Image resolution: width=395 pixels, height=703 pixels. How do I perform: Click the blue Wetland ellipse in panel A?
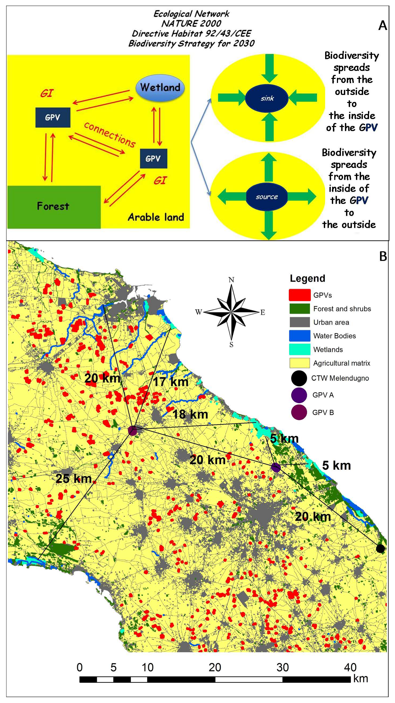(x=160, y=87)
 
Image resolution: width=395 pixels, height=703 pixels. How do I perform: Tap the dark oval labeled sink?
(x=267, y=98)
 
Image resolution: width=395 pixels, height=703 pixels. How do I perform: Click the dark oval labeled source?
(x=267, y=197)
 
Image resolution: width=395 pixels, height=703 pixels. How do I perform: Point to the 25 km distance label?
(x=73, y=478)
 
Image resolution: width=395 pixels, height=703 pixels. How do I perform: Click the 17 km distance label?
(x=171, y=381)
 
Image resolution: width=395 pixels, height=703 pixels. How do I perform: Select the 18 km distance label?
(x=190, y=414)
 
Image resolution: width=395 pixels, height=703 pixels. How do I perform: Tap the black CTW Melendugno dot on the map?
(x=380, y=548)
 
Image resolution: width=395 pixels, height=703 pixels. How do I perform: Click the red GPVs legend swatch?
(x=299, y=295)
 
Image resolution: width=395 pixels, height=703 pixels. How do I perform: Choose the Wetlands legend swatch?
(x=299, y=349)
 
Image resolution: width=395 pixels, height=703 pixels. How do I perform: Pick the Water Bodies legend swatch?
(x=299, y=336)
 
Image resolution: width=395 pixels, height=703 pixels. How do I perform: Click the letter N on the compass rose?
(x=231, y=280)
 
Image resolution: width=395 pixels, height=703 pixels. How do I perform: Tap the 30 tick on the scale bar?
(x=282, y=667)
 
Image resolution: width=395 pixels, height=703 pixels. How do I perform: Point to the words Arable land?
(x=156, y=217)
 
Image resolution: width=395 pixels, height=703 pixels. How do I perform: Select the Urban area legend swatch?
(x=299, y=322)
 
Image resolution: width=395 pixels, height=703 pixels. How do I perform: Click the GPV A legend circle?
(x=299, y=395)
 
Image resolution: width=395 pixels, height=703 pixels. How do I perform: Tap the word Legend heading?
(x=307, y=278)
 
